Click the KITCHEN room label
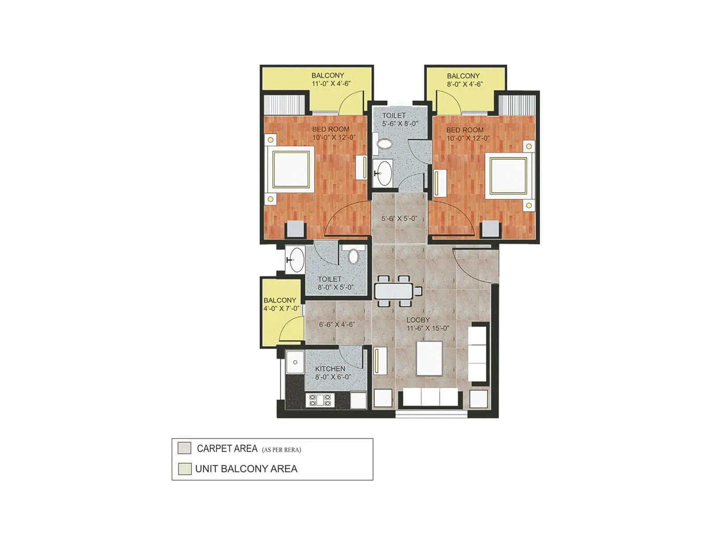click(x=330, y=369)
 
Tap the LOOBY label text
click(x=418, y=320)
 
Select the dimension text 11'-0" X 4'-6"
click(x=331, y=83)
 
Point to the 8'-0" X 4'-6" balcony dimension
click(x=465, y=84)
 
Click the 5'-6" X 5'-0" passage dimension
click(x=399, y=218)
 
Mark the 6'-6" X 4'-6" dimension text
click(x=336, y=325)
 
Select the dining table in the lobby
click(x=395, y=291)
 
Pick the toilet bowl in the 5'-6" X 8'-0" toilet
click(x=385, y=144)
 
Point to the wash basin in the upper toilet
click(x=383, y=173)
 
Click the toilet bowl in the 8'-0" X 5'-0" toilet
click(x=353, y=256)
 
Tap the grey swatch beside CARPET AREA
click(x=184, y=448)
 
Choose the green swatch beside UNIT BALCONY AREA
click(x=184, y=469)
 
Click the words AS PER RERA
click(x=281, y=450)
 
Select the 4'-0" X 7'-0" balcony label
click(x=281, y=304)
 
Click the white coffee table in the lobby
click(x=429, y=358)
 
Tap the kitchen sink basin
click(x=295, y=362)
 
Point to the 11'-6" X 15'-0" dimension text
click(x=428, y=328)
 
